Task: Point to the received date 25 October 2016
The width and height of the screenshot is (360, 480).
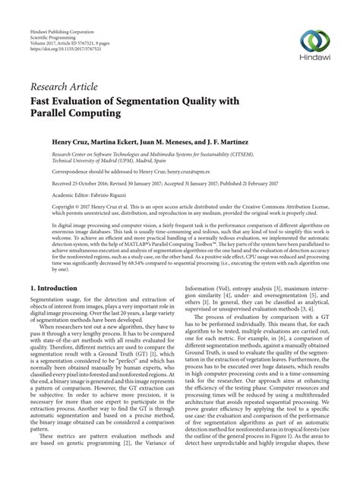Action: tap(85, 184)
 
